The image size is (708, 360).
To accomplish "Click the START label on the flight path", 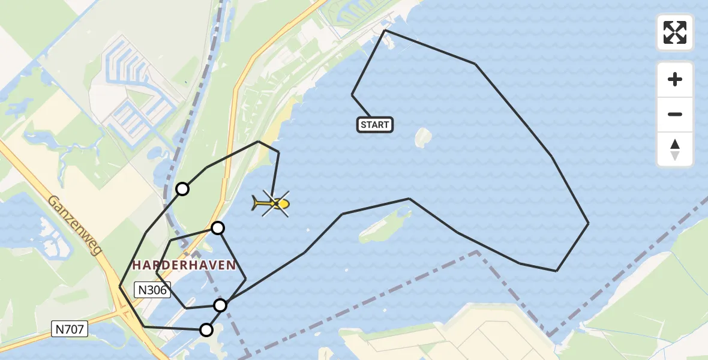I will coord(375,125).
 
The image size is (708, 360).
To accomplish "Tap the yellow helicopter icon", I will coord(273,204).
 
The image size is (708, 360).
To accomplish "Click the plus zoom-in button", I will coord(675,79).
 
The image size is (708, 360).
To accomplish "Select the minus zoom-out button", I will coord(675,115).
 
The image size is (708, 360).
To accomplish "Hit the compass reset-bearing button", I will coord(675,149).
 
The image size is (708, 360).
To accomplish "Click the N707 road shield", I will coord(70,329).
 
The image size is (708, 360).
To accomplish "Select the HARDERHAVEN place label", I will coord(184,265).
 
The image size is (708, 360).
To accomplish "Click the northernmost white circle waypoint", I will coord(182,189).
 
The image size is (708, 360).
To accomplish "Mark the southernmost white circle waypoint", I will coord(206,329).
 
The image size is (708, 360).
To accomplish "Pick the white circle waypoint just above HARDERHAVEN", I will coord(218,228).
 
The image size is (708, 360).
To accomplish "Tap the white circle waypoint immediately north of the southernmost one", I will coord(220,305).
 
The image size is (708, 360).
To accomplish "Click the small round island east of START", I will coord(423,138).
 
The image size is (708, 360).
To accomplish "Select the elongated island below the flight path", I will coord(384,227).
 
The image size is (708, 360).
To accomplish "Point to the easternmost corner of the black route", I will coord(588,223).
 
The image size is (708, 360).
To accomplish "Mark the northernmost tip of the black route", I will coord(385,30).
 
